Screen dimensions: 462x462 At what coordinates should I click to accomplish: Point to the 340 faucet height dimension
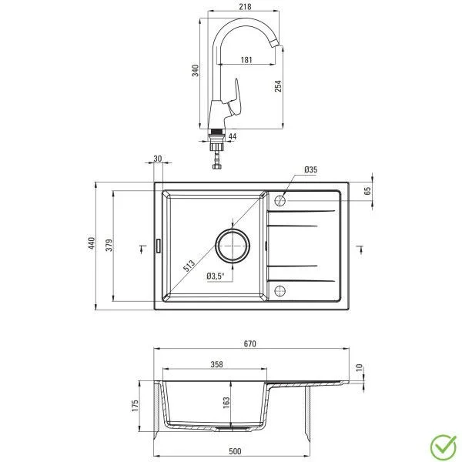196,71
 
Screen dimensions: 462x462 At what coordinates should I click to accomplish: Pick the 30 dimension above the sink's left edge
158,159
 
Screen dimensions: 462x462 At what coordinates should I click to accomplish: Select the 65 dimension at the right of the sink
367,190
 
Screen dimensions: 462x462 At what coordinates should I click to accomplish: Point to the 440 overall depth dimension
91,245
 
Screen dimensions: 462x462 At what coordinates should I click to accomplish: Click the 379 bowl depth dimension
109,245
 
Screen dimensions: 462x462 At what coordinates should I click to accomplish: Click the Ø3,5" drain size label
216,275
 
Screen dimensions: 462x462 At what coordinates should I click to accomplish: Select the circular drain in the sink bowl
233,246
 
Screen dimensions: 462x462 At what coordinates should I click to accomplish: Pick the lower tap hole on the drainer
280,290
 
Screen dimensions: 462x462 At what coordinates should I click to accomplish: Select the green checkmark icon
440,444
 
